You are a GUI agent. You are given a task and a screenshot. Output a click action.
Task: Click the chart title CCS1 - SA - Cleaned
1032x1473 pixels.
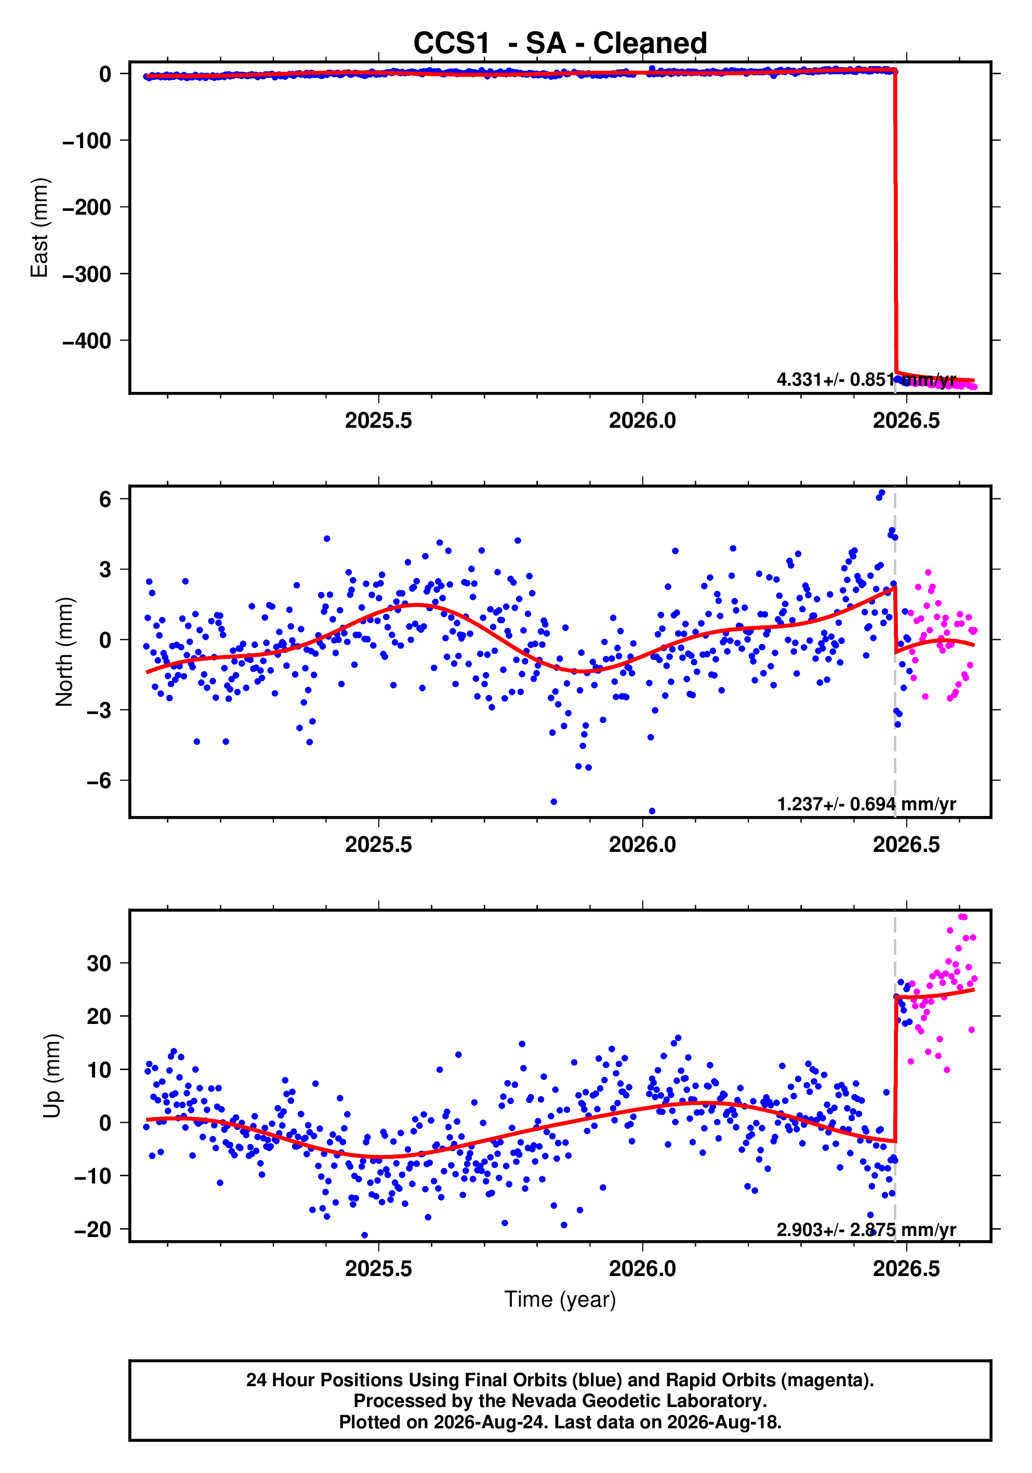[x=560, y=43]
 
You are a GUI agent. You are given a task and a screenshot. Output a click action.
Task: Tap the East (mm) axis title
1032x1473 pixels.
[x=40, y=228]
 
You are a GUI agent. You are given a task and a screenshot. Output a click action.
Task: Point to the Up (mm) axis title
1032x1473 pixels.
[x=52, y=1076]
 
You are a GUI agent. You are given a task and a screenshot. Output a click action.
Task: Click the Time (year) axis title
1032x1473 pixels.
[x=560, y=1299]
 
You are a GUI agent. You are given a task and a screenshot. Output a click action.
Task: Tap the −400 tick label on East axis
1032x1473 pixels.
[x=87, y=340]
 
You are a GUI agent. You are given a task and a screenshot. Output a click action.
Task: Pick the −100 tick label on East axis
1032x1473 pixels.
[x=87, y=140]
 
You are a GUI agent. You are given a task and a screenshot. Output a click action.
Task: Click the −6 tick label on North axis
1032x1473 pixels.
[x=98, y=781]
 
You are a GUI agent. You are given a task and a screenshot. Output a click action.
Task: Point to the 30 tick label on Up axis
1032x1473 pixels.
[x=99, y=963]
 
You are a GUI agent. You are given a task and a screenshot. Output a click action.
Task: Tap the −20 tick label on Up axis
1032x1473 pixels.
[x=92, y=1229]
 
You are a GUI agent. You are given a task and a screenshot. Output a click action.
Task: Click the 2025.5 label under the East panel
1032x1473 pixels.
[x=378, y=421]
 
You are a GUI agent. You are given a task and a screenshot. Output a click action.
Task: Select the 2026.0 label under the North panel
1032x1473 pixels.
[x=642, y=845]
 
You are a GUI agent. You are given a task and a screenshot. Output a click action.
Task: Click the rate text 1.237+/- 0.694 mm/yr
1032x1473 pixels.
[x=867, y=804]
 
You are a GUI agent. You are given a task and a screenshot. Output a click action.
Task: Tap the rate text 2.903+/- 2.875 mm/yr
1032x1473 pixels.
[x=867, y=1229]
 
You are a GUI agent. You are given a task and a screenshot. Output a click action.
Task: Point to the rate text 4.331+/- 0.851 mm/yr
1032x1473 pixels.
[x=867, y=380]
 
